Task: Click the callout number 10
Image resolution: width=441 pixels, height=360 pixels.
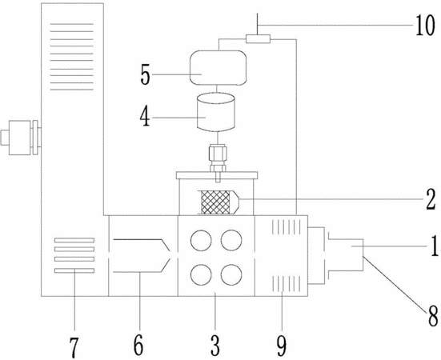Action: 425,26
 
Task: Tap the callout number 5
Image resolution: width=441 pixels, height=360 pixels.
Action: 146,75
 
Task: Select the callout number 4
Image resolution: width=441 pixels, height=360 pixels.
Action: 145,117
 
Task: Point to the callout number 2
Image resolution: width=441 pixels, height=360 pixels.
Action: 431,199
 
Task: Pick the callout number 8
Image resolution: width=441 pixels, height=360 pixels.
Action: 433,316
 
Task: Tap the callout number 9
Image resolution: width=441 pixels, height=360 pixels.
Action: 282,346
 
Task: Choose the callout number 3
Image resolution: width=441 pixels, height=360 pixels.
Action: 215,346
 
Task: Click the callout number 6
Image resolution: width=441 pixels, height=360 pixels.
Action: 138,346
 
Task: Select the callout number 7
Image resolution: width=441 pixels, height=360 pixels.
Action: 74,348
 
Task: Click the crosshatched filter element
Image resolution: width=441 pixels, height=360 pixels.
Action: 215,202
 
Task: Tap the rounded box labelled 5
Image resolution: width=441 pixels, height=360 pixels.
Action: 218,68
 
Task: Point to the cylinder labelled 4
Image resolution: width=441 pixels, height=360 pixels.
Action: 216,113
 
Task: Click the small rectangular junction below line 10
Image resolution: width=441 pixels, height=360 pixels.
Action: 258,38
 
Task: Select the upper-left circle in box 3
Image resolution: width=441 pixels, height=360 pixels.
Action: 201,241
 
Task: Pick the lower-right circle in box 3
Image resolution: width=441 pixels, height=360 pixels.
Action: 231,275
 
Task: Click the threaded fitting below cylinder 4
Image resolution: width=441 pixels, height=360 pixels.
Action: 218,158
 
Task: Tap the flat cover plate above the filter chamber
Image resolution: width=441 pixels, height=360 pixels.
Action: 217,175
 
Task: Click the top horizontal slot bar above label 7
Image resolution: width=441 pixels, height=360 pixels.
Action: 74,240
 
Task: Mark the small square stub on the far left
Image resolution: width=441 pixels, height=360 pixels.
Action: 5,138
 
